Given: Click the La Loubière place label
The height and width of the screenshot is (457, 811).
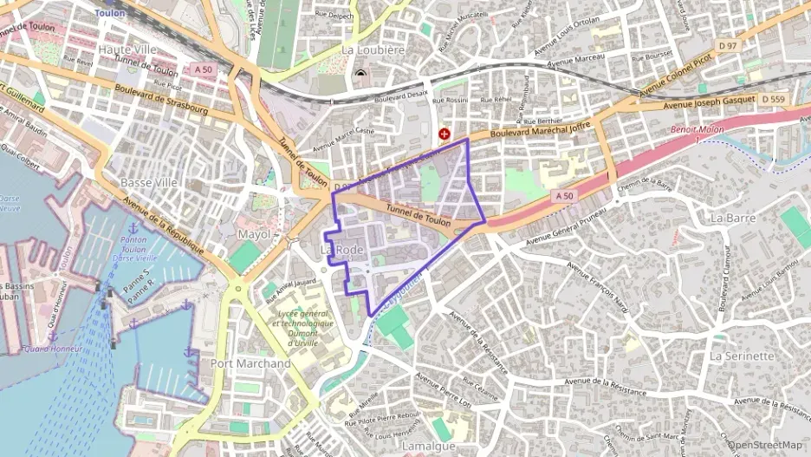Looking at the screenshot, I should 373,50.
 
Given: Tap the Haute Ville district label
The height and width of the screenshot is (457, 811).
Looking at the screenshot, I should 127,49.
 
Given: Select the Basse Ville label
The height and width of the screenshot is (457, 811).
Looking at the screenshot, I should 148,183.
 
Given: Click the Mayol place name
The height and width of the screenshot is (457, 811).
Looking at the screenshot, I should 253,235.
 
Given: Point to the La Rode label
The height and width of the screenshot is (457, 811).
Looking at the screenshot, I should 342,250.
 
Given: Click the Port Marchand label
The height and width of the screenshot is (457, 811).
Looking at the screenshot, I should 250,363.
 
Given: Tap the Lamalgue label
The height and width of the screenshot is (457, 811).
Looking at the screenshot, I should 429,446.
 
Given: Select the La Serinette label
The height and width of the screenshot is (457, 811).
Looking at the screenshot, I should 741,356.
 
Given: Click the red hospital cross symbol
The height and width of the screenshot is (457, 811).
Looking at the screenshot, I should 444,134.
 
